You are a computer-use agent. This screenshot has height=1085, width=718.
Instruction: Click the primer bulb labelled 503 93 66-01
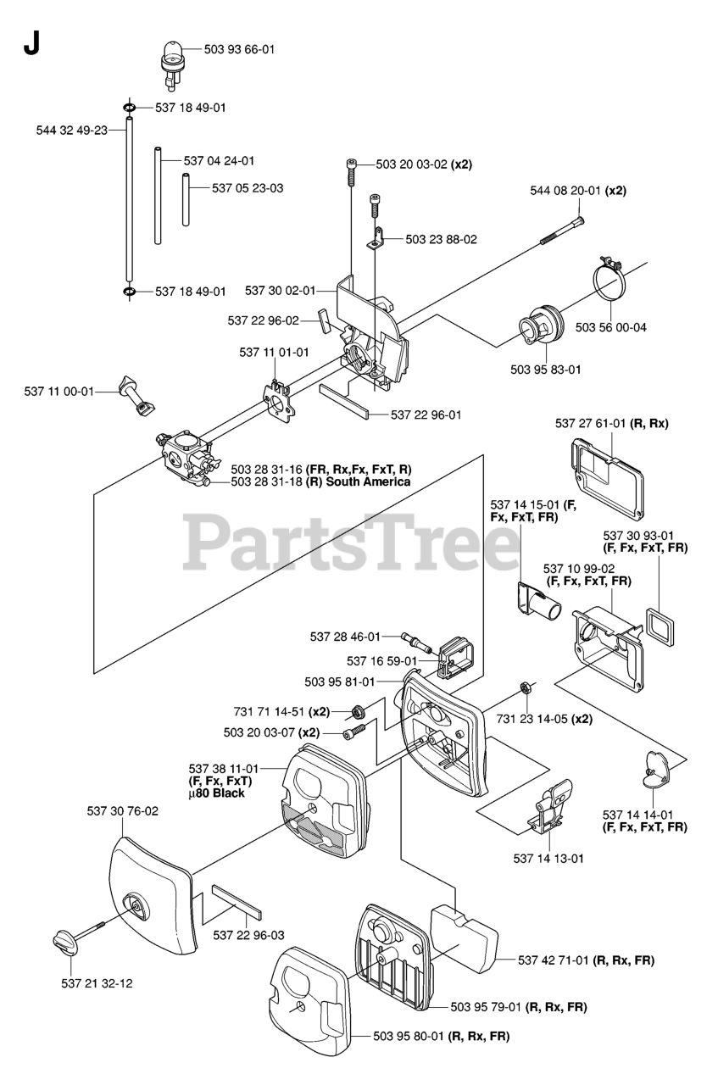coord(173,59)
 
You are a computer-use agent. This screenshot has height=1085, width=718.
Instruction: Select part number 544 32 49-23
coord(71,131)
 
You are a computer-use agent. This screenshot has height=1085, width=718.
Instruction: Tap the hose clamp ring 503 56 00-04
coord(609,281)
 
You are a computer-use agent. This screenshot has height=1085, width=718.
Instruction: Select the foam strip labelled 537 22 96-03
coord(237,902)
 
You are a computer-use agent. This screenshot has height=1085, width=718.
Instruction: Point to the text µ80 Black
coord(216,793)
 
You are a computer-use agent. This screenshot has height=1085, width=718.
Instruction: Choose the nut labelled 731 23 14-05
coord(524,686)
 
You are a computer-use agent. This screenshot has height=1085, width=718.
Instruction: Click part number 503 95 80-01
coord(410,1036)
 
